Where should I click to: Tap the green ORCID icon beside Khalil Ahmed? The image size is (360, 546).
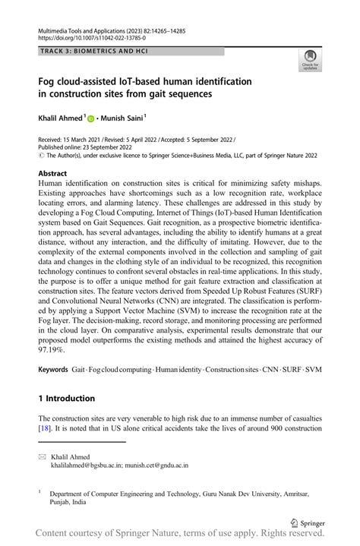[x=90, y=119]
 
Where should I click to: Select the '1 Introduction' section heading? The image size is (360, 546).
[x=67, y=398]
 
